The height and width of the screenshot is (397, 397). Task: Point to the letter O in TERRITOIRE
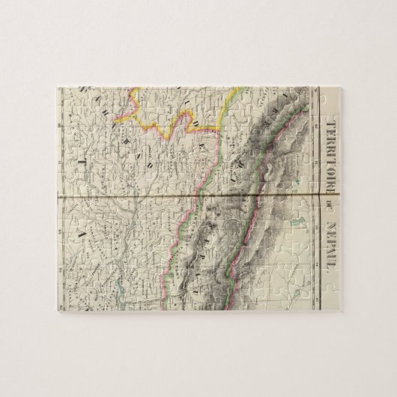tap(328, 160)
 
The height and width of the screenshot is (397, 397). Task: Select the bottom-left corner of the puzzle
tap(57, 312)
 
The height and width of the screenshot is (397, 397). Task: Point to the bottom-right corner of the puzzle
tap(341, 312)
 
